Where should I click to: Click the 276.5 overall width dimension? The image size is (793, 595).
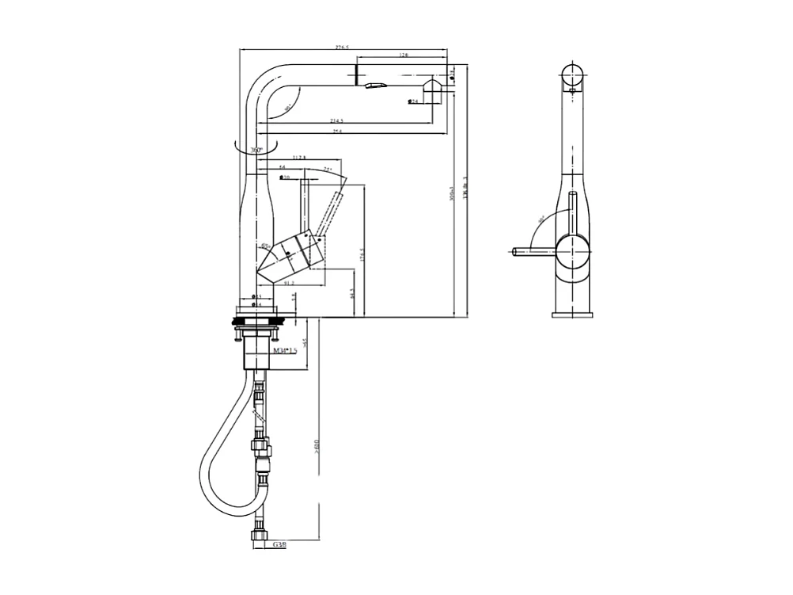click(342, 48)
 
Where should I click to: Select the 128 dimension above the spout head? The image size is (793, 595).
click(404, 55)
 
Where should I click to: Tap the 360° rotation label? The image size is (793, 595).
click(256, 150)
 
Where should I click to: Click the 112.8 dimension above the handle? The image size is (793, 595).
click(298, 158)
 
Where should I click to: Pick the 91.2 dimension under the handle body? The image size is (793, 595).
click(288, 283)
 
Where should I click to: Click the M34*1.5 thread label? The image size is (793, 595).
click(285, 349)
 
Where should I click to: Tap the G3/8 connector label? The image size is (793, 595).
click(279, 545)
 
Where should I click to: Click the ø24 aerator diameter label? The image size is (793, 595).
click(413, 101)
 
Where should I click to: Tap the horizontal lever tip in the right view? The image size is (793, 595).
click(516, 253)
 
